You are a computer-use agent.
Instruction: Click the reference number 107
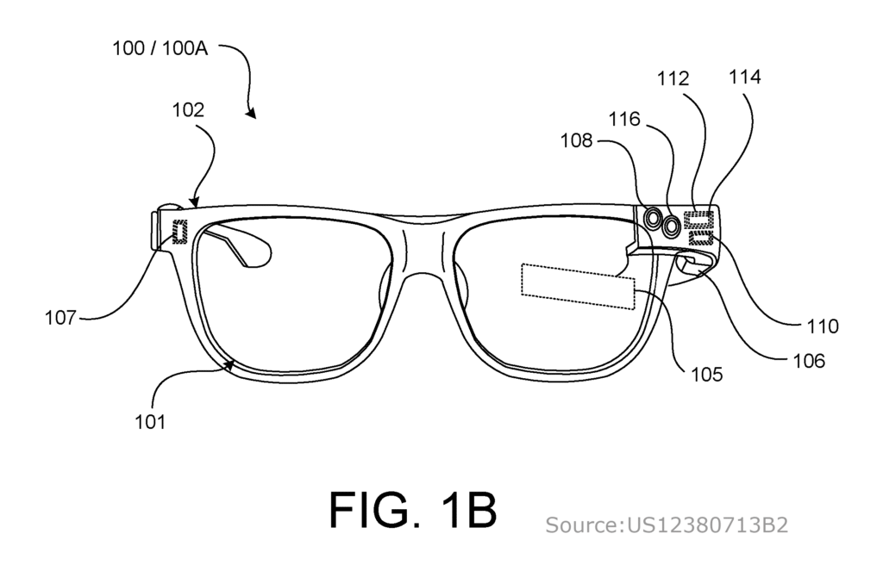(60, 318)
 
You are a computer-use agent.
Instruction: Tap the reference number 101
(150, 421)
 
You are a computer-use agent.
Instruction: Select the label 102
(187, 109)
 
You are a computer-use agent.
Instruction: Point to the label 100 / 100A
(160, 48)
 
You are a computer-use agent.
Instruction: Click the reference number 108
(576, 140)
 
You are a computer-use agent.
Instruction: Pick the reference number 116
(624, 119)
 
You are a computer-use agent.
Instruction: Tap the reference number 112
(673, 78)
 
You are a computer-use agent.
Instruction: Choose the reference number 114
(744, 77)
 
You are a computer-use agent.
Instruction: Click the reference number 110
(823, 326)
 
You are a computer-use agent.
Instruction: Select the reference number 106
(809, 361)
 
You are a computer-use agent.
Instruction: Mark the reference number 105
(706, 375)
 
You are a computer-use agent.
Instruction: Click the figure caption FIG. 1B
(413, 509)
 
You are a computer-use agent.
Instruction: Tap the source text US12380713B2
(707, 525)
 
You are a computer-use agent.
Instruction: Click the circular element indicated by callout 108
(654, 217)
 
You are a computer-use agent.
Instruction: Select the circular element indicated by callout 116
(671, 227)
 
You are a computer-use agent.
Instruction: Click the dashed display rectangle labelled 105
(579, 287)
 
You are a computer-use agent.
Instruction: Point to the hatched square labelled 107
(179, 232)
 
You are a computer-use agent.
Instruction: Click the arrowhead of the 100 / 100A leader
(252, 114)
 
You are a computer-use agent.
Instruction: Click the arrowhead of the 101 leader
(230, 364)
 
